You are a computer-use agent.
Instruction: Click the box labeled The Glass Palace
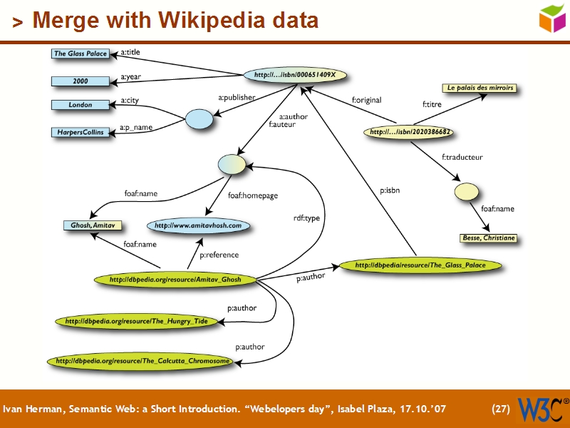[81, 53]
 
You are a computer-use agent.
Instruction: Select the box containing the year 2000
[81, 81]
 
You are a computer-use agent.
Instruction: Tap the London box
[81, 105]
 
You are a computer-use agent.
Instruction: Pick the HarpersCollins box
[81, 132]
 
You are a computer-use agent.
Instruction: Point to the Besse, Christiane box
[488, 238]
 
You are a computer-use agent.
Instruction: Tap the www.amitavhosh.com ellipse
[199, 225]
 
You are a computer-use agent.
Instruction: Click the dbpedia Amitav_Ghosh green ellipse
[175, 280]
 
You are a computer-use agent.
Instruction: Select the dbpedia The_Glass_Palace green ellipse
[420, 265]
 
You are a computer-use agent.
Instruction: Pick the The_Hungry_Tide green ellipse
[136, 322]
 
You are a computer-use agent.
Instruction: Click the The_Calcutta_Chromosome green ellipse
[142, 362]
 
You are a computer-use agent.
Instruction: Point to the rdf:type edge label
[307, 218]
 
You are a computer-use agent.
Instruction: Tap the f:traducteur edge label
[462, 157]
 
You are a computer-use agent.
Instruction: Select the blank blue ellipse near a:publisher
[199, 120]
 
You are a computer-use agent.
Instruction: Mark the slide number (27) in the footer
[501, 409]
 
